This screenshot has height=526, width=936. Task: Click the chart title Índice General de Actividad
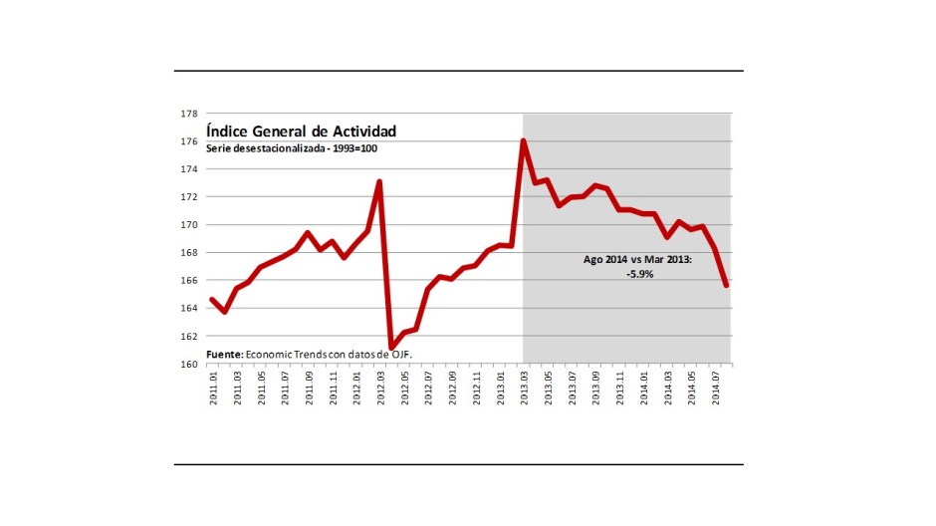(x=301, y=131)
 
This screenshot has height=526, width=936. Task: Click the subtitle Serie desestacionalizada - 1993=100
(x=292, y=148)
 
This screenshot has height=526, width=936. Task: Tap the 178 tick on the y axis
(x=188, y=114)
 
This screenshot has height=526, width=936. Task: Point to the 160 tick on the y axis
(x=188, y=364)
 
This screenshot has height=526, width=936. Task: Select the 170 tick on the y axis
(x=188, y=225)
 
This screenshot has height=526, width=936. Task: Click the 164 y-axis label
(x=188, y=308)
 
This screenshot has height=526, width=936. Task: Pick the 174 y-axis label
(x=188, y=169)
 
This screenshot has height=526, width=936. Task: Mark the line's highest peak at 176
(x=523, y=140)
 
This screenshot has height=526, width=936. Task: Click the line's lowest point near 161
(x=391, y=347)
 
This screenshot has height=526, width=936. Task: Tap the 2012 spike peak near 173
(x=379, y=182)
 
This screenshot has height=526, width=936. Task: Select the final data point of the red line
(x=727, y=285)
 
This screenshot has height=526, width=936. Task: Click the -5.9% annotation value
(x=639, y=274)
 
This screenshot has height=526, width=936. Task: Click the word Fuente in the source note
(x=224, y=355)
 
